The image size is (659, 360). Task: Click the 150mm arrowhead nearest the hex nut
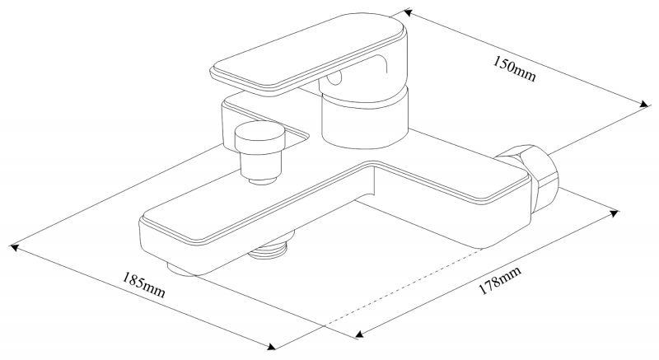pyautogui.click(x=641, y=102)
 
